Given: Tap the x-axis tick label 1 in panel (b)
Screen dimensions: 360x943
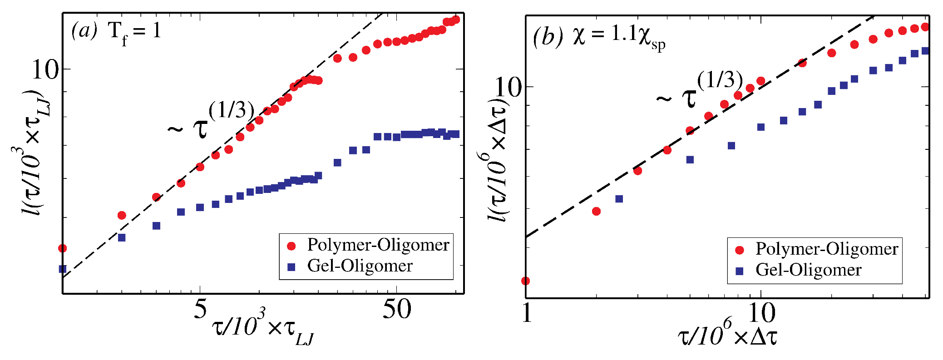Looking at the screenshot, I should coord(527,313).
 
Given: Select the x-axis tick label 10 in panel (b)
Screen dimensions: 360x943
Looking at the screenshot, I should coord(760,313).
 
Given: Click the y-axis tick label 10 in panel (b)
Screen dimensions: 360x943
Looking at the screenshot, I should coord(508,87).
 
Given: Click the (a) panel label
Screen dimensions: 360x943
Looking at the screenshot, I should coord(84,31).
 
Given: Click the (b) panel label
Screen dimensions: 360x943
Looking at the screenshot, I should coord(548,36).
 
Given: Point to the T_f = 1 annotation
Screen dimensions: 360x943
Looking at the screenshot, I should coord(135,32).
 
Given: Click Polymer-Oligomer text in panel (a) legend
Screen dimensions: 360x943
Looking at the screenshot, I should coord(378,245).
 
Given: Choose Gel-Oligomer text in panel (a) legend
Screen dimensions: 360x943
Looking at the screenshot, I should coord(360,266).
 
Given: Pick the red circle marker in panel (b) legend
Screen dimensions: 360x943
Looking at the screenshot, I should coord(740,250).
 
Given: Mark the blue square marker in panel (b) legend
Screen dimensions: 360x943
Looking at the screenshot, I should coord(740,271).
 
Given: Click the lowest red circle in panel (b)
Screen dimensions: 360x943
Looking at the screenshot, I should coord(526,281).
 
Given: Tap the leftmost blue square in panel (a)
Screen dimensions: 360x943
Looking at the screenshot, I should coord(63,269).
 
